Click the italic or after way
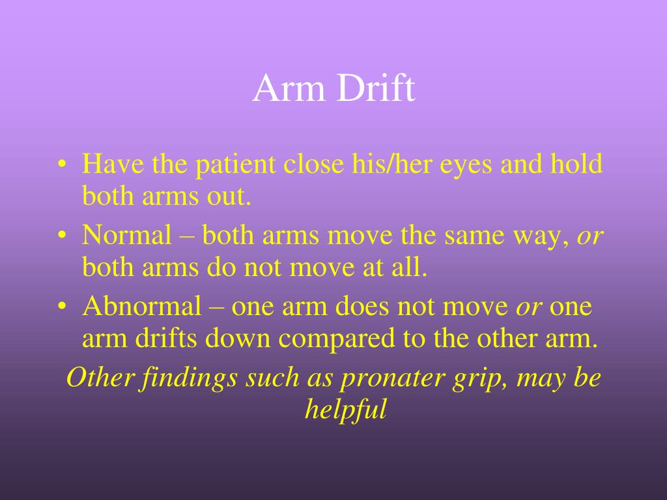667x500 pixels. coord(590,237)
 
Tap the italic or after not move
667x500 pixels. coord(530,308)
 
